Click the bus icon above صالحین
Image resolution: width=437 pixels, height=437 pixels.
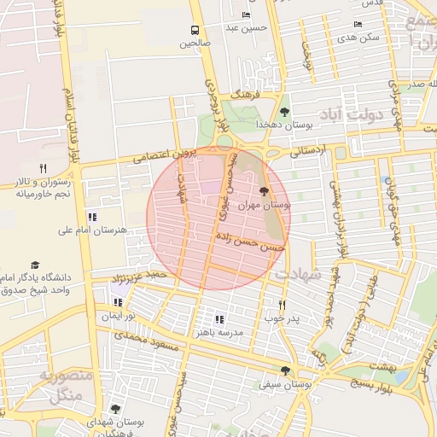point(195,31)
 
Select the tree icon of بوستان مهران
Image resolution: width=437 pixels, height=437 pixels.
point(263,191)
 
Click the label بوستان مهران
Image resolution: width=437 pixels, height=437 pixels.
point(265,206)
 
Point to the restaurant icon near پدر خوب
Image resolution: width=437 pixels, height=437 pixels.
point(282,305)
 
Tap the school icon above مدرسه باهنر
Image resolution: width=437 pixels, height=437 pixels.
point(219,319)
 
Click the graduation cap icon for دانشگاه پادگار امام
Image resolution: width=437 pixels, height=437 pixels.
point(35,265)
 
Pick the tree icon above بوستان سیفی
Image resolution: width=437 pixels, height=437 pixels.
point(284,370)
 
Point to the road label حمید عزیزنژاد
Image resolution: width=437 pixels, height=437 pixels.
point(141,276)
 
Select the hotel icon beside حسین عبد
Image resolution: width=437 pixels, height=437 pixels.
point(247,15)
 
